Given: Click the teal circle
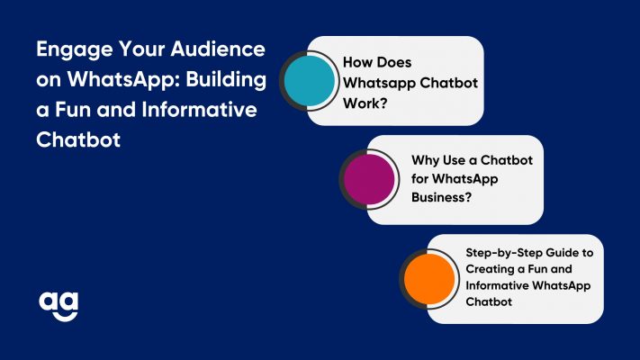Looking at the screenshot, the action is pyautogui.click(x=310, y=80).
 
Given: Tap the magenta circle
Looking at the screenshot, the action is pyautogui.click(x=369, y=179).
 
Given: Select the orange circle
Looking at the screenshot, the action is pyautogui.click(x=429, y=278).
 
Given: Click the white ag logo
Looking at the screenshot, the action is pyautogui.click(x=59, y=306).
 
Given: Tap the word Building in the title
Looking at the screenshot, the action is pyautogui.click(x=226, y=80).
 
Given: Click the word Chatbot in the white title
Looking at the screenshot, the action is pyautogui.click(x=78, y=139).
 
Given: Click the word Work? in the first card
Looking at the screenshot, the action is pyautogui.click(x=365, y=103).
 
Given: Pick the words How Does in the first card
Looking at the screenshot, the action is pyautogui.click(x=377, y=62).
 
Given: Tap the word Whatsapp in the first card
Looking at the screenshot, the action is pyautogui.click(x=379, y=84).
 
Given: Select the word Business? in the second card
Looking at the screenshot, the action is pyautogui.click(x=442, y=197).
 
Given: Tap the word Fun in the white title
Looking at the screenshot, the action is pyautogui.click(x=73, y=110).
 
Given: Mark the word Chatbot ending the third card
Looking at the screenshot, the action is pyautogui.click(x=489, y=301).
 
